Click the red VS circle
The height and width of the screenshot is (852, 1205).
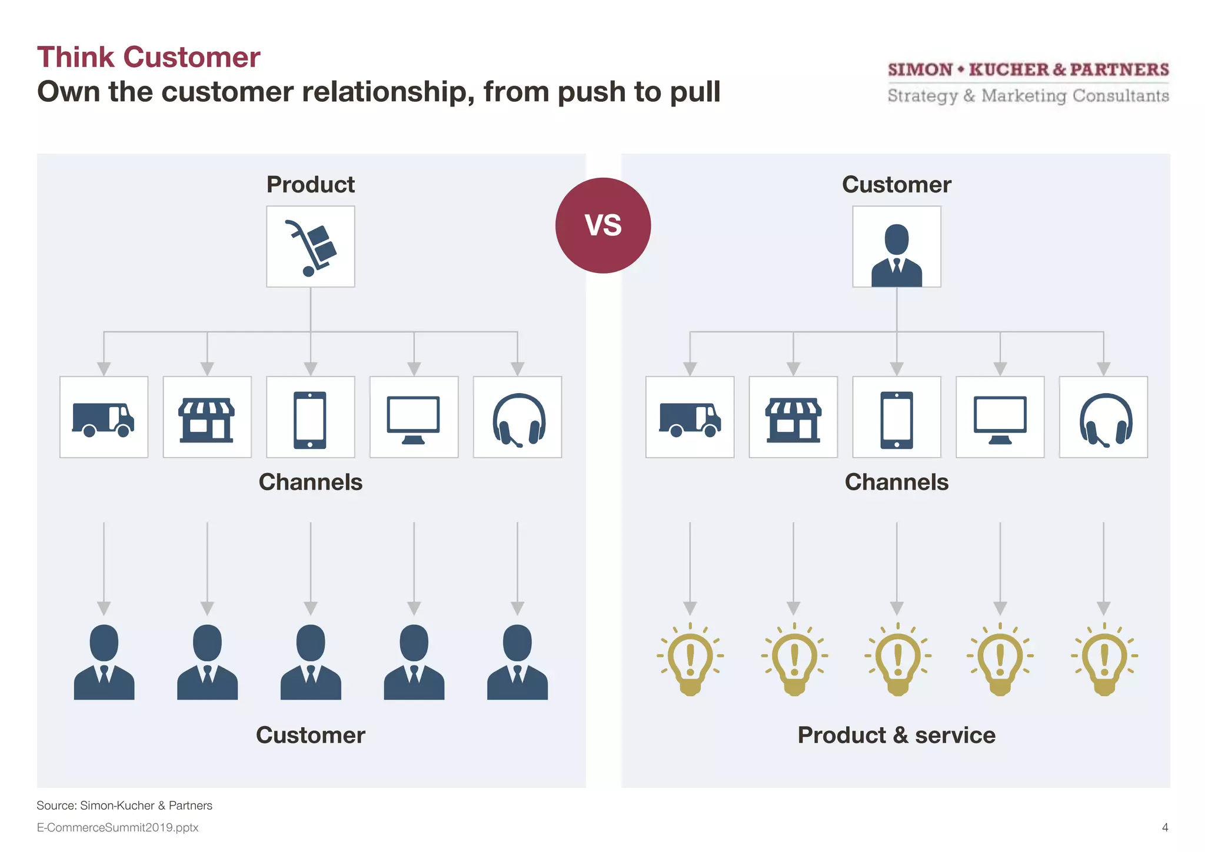point(603,225)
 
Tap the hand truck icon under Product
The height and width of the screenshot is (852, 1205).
point(311,247)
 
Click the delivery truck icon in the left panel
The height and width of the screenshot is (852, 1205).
point(104,418)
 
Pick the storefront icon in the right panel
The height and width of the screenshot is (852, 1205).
point(793,419)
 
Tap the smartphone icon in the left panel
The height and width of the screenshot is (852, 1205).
point(310,419)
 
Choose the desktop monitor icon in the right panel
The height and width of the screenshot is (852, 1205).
point(1000,419)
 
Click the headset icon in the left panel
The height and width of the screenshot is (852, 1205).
point(518,419)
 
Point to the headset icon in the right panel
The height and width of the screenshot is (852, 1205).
point(1104,419)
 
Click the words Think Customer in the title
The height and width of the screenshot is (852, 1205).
point(148,58)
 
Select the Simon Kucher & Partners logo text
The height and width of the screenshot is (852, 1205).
point(1028,69)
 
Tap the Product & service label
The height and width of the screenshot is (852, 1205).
point(896,735)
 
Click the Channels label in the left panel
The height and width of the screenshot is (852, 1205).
point(310,482)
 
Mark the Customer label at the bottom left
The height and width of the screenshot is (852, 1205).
point(310,735)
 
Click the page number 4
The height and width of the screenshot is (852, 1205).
point(1164,827)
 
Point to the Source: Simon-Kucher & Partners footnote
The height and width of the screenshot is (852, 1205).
point(124,806)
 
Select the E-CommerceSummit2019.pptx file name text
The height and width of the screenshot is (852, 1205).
point(118,827)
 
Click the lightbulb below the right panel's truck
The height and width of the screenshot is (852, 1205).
point(690,659)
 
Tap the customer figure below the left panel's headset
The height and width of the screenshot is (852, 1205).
point(517,662)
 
